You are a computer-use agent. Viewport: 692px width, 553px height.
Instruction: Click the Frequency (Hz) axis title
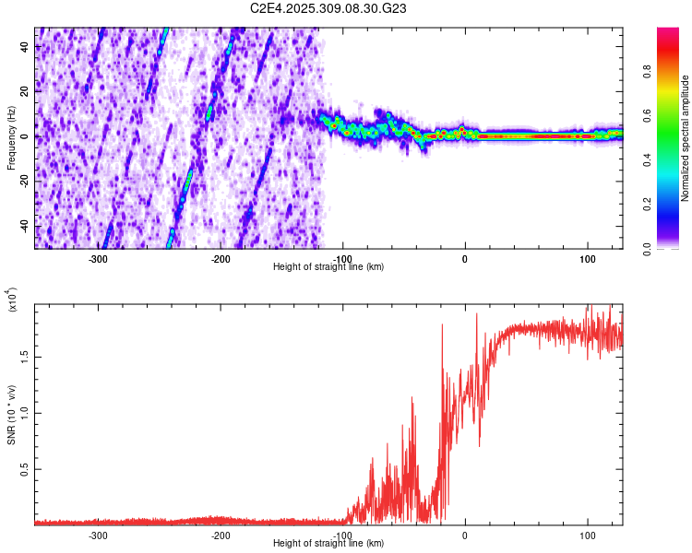pyautogui.click(x=11, y=138)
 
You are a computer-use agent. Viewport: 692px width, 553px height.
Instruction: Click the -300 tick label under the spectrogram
pyautogui.click(x=98, y=258)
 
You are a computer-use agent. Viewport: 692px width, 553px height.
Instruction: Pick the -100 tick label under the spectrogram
pyautogui.click(x=342, y=258)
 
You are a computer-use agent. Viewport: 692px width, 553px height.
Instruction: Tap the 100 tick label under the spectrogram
pyautogui.click(x=587, y=258)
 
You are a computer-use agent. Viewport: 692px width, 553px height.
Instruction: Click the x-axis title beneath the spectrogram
pyautogui.click(x=328, y=267)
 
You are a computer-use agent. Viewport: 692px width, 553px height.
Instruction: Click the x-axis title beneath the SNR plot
pyautogui.click(x=328, y=544)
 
